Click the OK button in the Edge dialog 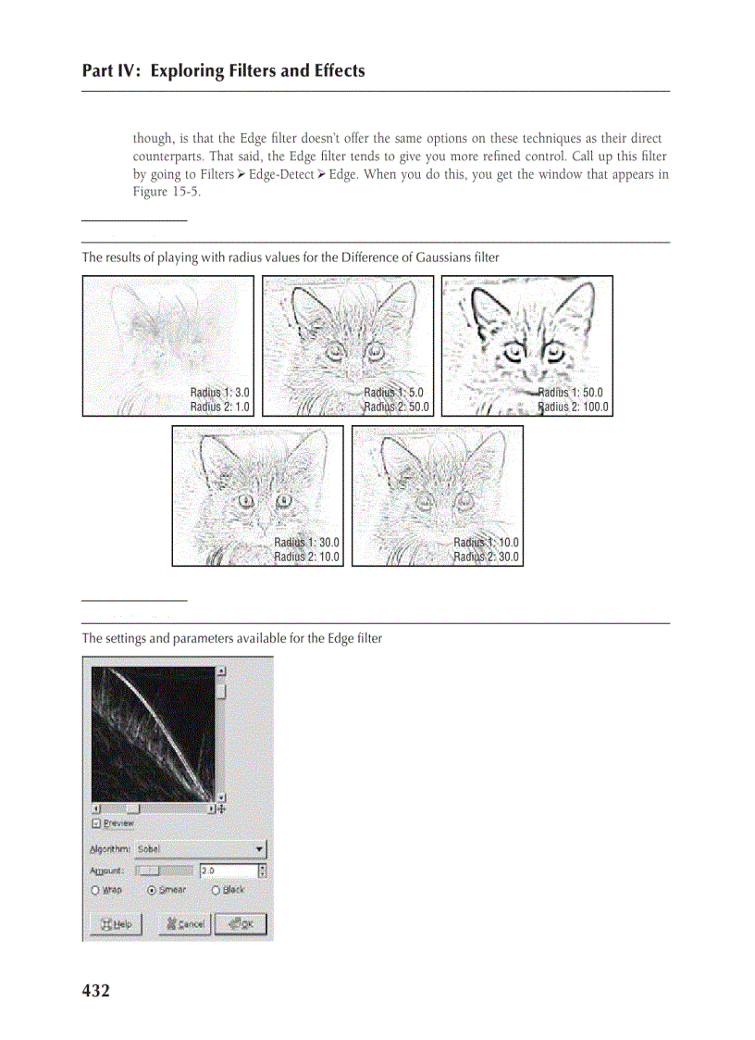(x=241, y=923)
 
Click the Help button (x=116, y=923)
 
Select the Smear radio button (x=153, y=890)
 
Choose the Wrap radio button (x=95, y=890)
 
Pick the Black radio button (x=216, y=890)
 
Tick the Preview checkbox (x=96, y=822)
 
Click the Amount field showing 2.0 (x=228, y=871)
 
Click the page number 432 (x=96, y=991)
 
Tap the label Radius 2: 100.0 (x=574, y=407)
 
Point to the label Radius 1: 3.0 (x=220, y=393)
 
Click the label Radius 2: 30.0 (x=486, y=557)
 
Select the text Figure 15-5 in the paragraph (x=167, y=193)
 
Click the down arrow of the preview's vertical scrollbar (x=221, y=796)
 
